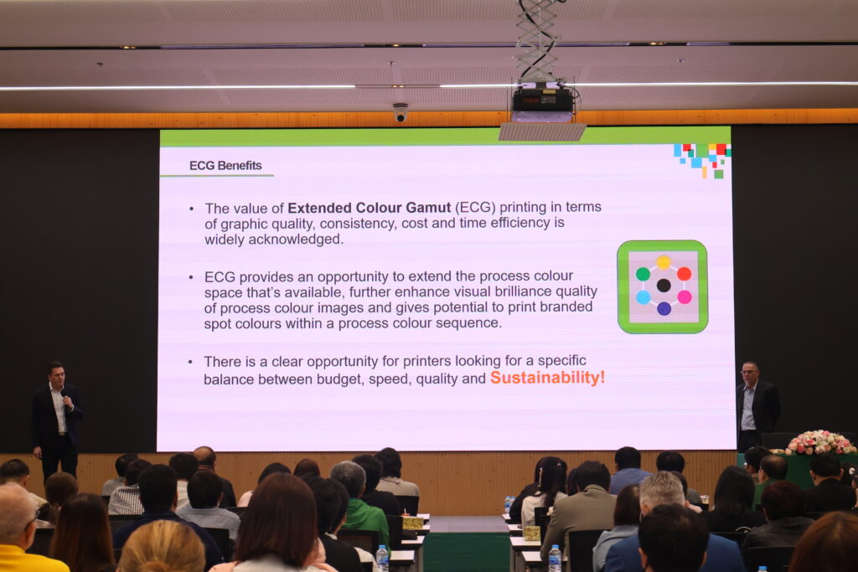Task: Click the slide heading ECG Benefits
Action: pyautogui.click(x=225, y=166)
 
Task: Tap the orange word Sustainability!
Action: pyautogui.click(x=547, y=378)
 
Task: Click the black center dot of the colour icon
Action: pyautogui.click(x=664, y=285)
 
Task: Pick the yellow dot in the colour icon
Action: pyautogui.click(x=664, y=262)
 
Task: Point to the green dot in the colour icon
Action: pyautogui.click(x=643, y=273)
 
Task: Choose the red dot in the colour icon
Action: pyautogui.click(x=684, y=273)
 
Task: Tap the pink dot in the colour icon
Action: pyautogui.click(x=684, y=297)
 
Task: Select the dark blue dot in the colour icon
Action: pyautogui.click(x=664, y=308)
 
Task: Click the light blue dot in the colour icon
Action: pyautogui.click(x=643, y=297)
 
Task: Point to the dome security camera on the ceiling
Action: pyautogui.click(x=401, y=112)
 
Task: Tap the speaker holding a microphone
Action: pyautogui.click(x=56, y=419)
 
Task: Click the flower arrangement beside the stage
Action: pyautogui.click(x=820, y=442)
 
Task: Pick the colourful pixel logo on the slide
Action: pyautogui.click(x=702, y=159)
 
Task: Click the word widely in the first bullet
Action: pyautogui.click(x=225, y=240)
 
